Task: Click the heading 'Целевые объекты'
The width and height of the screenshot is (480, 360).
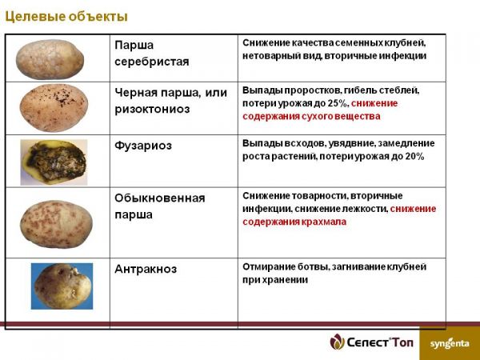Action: click(66, 17)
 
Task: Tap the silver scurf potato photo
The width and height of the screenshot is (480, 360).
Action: click(50, 59)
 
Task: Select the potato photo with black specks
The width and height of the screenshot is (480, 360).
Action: click(54, 108)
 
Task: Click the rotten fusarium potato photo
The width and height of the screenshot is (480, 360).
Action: click(54, 162)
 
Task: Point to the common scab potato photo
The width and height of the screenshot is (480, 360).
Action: click(56, 224)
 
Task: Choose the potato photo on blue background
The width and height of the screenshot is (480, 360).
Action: click(62, 286)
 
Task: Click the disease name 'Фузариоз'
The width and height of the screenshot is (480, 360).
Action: click(143, 146)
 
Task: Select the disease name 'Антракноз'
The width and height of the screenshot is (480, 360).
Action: click(146, 269)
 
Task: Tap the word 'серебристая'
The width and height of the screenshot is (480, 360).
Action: click(152, 62)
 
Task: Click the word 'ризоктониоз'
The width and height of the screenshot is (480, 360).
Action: click(152, 110)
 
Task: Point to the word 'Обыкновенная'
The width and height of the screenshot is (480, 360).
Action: click(160, 198)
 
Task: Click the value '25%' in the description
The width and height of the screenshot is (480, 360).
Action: click(338, 103)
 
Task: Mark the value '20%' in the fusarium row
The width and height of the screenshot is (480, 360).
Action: click(414, 157)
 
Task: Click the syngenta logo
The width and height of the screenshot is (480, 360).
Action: click(450, 343)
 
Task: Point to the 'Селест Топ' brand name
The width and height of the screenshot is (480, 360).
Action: click(379, 342)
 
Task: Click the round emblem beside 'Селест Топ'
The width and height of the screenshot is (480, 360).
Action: click(337, 342)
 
